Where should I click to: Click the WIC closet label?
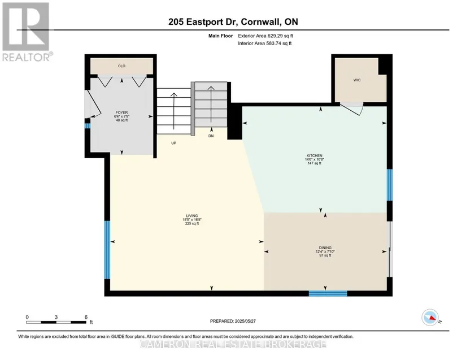pyautogui.click(x=357, y=80)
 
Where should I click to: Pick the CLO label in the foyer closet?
pyautogui.click(x=121, y=66)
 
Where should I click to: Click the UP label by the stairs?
pyautogui.click(x=174, y=143)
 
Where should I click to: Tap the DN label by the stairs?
pyautogui.click(x=211, y=136)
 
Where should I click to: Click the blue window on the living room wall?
pyautogui.click(x=107, y=250)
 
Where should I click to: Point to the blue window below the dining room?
pyautogui.click(x=328, y=293)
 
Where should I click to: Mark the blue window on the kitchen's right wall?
pyautogui.click(x=389, y=185)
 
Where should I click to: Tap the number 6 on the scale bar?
pyautogui.click(x=86, y=317)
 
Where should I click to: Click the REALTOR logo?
pyautogui.click(x=27, y=32)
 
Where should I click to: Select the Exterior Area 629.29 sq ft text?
pyautogui.click(x=265, y=36)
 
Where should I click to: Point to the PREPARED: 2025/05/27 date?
pyautogui.click(x=233, y=321)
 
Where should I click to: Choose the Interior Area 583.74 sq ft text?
pyautogui.click(x=264, y=44)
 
